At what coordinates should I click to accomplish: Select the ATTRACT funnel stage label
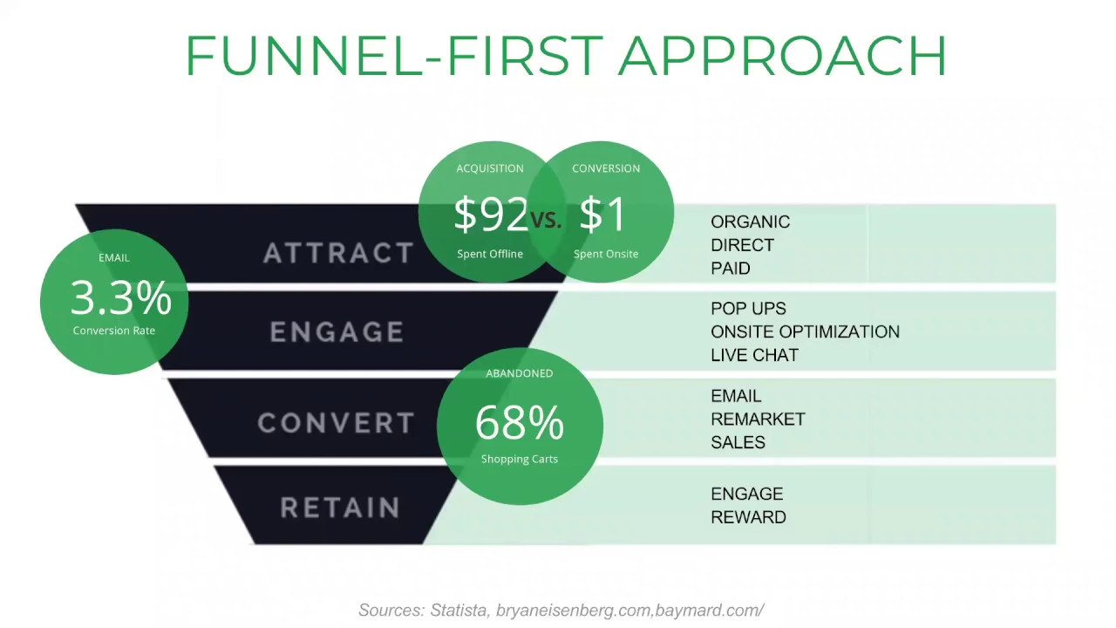click(x=338, y=253)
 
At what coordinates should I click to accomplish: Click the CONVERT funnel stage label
click(x=337, y=423)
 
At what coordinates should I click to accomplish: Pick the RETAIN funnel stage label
click(x=341, y=508)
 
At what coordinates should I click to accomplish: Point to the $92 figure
click(x=491, y=214)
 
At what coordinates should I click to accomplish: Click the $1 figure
click(x=602, y=214)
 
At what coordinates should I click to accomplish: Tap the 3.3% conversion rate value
click(x=121, y=297)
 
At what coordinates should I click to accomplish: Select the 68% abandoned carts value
click(x=519, y=422)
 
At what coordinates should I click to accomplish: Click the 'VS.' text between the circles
click(x=546, y=219)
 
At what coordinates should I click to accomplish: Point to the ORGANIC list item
click(x=751, y=222)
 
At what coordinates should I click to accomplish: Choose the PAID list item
click(x=731, y=268)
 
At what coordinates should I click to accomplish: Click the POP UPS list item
click(x=748, y=309)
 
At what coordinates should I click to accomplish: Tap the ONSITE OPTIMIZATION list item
click(x=805, y=331)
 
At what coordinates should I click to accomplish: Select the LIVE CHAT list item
click(x=755, y=355)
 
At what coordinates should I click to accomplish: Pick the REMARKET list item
click(x=758, y=420)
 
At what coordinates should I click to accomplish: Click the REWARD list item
click(x=748, y=517)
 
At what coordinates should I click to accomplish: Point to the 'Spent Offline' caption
click(x=490, y=254)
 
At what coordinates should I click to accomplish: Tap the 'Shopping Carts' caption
click(x=520, y=459)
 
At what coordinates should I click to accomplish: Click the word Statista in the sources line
click(x=459, y=610)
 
